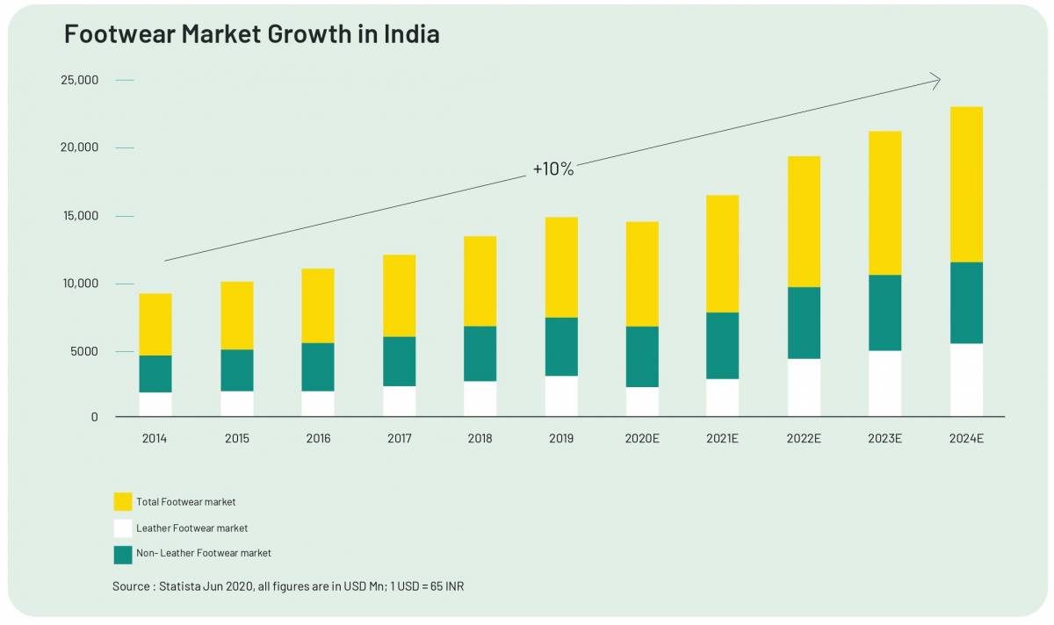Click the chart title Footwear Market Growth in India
[x=252, y=35]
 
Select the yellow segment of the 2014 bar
[x=155, y=324]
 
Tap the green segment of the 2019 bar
[x=561, y=347]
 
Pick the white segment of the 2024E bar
[x=966, y=379]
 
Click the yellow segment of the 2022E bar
[x=804, y=221]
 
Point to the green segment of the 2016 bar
[x=318, y=367]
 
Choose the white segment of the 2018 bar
[x=480, y=399]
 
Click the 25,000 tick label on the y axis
[x=79, y=81]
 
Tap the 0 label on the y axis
[x=94, y=416]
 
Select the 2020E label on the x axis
[x=642, y=438]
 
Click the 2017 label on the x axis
[x=399, y=438]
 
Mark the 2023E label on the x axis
[x=885, y=438]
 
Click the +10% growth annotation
[x=553, y=169]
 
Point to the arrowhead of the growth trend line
[x=936, y=81]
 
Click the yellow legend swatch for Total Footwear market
[x=123, y=502]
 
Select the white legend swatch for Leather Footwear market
[x=123, y=528]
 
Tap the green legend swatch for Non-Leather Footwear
[x=123, y=554]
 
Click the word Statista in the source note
[x=180, y=585]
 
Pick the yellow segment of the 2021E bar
[x=723, y=254]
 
